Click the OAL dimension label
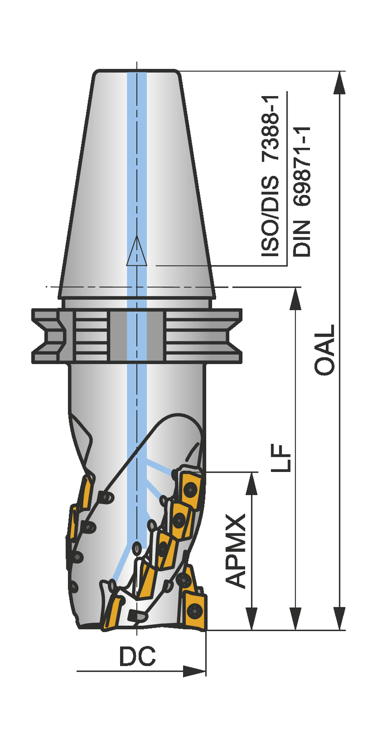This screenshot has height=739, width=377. tap(324, 350)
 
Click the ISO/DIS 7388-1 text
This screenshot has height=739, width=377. tap(270, 176)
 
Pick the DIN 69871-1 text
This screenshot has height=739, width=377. tap(302, 192)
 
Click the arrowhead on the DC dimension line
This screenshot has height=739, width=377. tap(194, 671)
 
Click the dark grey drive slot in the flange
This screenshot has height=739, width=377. tap(136, 336)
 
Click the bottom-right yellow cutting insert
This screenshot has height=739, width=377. tap(196, 611)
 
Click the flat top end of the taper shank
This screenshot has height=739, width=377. tap(136, 71)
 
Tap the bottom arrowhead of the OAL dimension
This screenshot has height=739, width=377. tap(339, 619)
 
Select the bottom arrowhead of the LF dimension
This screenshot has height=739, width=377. tap(295, 619)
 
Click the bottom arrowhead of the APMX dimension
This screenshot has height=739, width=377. tap(251, 619)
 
